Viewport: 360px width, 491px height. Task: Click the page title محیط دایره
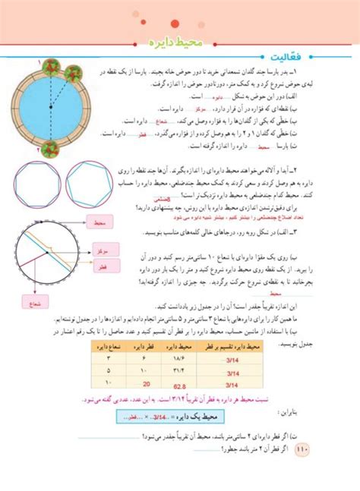coord(178,36)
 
